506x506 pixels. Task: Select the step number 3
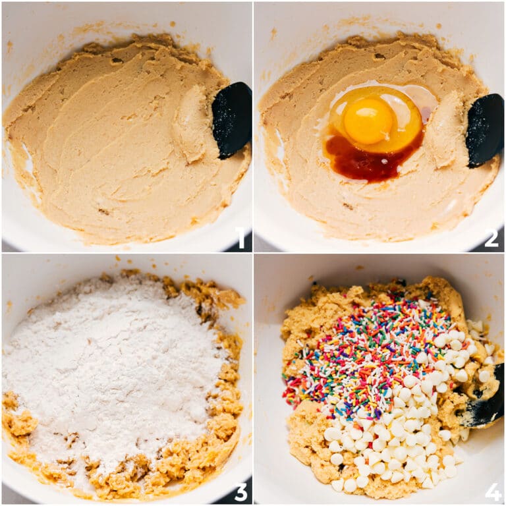point(241,491)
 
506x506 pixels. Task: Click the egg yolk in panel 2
point(369,121)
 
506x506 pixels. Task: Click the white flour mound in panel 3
point(112,369)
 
